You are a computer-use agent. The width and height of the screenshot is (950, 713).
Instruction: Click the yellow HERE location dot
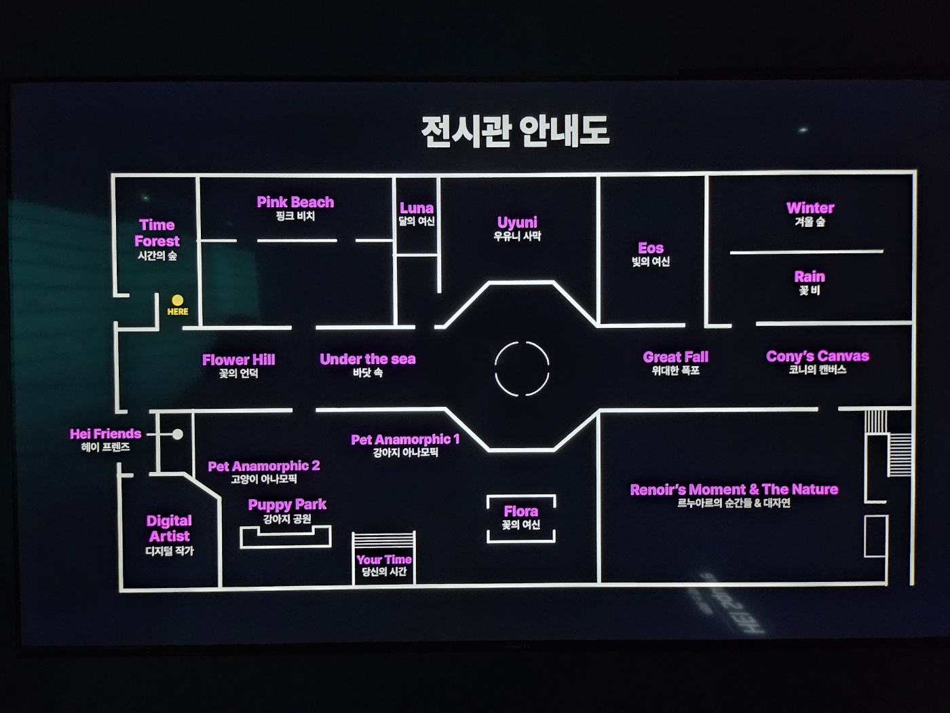click(177, 300)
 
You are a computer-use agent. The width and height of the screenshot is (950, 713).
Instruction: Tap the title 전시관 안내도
click(515, 131)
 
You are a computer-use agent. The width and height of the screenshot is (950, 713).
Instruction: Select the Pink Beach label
click(295, 202)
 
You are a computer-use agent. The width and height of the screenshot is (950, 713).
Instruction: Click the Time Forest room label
click(157, 233)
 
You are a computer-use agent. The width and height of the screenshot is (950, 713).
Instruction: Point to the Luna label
click(416, 208)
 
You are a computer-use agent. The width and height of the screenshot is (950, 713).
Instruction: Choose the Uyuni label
click(517, 223)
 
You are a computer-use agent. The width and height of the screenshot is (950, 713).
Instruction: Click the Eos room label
click(651, 249)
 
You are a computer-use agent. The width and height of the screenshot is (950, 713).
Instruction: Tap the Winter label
click(810, 208)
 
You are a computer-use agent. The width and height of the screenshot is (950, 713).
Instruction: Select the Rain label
click(810, 277)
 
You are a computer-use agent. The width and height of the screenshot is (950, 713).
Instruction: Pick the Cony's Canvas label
click(817, 356)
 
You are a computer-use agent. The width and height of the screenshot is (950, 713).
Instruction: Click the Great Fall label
click(675, 357)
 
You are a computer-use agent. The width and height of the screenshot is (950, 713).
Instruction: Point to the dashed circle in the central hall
click(522, 369)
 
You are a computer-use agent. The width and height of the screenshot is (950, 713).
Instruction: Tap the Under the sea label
click(368, 359)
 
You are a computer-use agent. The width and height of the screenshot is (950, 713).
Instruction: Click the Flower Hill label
click(238, 360)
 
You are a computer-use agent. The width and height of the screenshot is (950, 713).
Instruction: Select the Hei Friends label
click(105, 434)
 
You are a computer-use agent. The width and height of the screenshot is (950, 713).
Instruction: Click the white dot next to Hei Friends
click(177, 434)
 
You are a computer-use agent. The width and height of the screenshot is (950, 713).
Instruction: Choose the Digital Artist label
click(169, 528)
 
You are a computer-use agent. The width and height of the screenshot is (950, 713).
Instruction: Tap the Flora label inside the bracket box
click(520, 511)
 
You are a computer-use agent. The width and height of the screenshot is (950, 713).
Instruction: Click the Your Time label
click(384, 560)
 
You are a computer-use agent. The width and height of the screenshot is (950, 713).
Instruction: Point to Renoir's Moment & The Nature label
click(734, 490)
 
